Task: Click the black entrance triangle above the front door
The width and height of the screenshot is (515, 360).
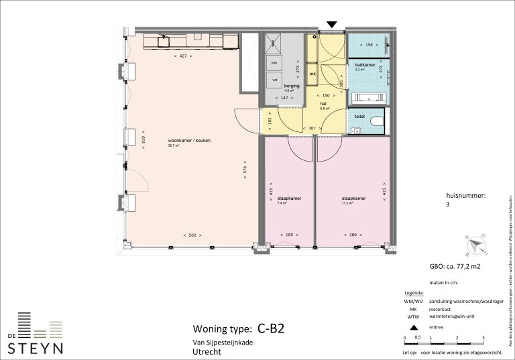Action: click(x=331, y=25)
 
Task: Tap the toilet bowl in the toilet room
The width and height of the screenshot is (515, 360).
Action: click(x=376, y=121)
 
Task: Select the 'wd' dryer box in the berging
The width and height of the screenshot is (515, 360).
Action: click(x=274, y=80)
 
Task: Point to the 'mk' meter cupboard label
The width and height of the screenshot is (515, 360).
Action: click(x=312, y=73)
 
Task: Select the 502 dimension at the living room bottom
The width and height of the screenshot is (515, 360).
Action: click(x=192, y=235)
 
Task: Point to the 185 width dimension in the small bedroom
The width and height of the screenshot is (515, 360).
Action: click(x=289, y=235)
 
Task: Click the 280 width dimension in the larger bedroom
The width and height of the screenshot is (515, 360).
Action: click(x=353, y=235)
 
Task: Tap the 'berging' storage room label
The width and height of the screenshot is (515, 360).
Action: click(x=291, y=86)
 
